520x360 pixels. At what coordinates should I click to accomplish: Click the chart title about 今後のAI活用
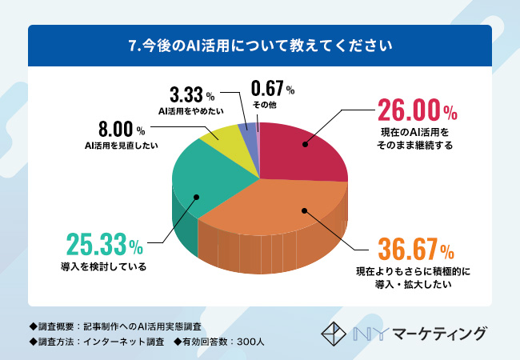260,46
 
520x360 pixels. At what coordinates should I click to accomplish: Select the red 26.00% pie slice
300,152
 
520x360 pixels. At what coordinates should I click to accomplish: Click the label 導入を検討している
105,266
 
